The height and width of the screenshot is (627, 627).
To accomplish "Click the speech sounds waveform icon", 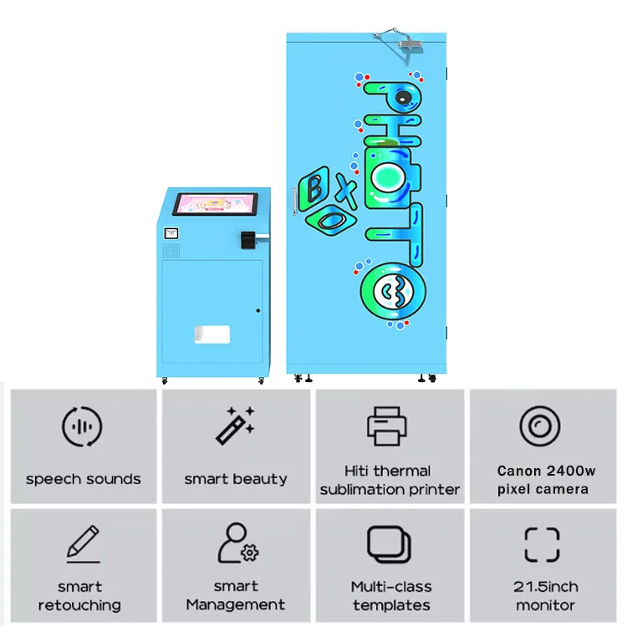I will [x=83, y=428].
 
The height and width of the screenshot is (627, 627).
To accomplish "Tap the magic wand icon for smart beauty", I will [x=235, y=426].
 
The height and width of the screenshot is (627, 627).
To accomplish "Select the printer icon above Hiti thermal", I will [x=389, y=426].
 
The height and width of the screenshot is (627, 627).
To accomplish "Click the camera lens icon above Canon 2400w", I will [x=541, y=426].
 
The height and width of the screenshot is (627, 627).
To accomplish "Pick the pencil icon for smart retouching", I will [x=83, y=544].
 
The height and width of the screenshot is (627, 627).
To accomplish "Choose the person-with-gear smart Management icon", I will [x=237, y=544].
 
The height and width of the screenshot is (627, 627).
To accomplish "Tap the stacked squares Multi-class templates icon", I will [x=390, y=545].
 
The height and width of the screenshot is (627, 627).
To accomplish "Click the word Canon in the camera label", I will [x=518, y=472].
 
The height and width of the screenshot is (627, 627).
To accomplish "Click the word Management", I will [x=236, y=604].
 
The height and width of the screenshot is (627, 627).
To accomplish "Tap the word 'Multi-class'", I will [x=390, y=586].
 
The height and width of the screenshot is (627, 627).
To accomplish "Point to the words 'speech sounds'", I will [x=83, y=479].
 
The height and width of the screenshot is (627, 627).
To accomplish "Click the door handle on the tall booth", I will [x=294, y=201].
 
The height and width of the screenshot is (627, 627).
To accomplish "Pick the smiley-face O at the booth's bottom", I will [x=389, y=289].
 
